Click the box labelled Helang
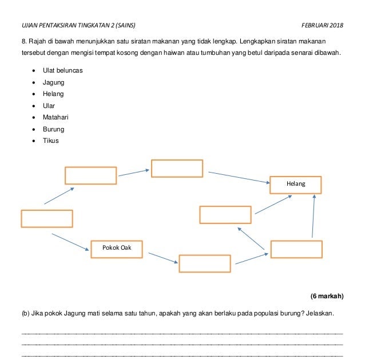click(x=295, y=185)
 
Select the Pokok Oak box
click(x=117, y=248)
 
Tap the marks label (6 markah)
click(x=327, y=296)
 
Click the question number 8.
click(x=23, y=42)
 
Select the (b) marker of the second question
click(x=25, y=314)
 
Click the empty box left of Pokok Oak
click(x=47, y=219)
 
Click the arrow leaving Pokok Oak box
click(x=161, y=258)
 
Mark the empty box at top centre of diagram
click(x=177, y=169)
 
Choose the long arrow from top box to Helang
click(x=239, y=177)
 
